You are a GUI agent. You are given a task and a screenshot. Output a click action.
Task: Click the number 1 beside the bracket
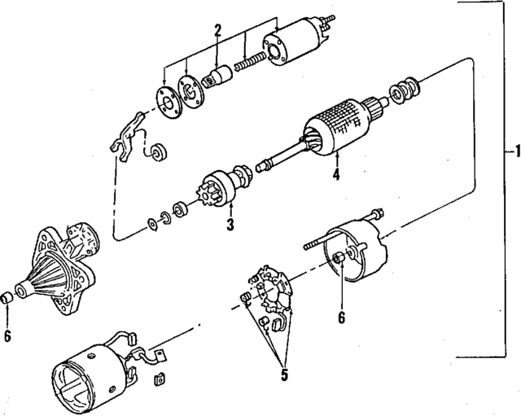click(511, 151)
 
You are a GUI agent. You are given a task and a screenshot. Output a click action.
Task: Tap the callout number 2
click(217, 31)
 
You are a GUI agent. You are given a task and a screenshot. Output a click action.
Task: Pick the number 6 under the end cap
click(341, 317)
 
